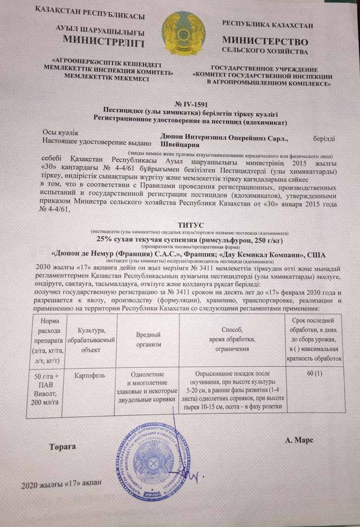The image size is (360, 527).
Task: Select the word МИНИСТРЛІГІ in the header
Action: point(104,43)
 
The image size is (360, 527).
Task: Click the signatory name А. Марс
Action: point(299,440)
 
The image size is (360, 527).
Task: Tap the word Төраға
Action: point(61,447)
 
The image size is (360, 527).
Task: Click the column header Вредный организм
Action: point(147,340)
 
